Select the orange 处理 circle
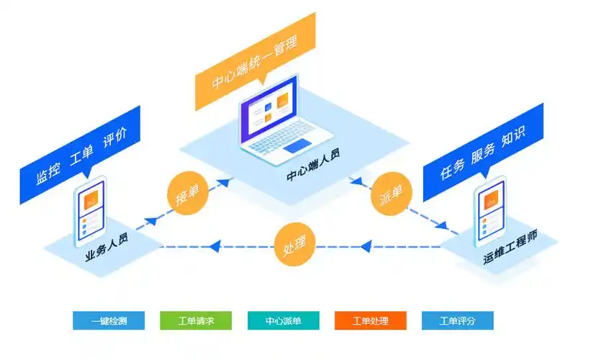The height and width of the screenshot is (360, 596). pyautogui.click(x=295, y=246)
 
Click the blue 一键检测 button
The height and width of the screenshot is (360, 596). pyautogui.click(x=109, y=321)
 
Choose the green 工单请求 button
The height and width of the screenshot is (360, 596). pyautogui.click(x=196, y=321)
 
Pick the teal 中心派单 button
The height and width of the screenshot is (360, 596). pyautogui.click(x=283, y=321)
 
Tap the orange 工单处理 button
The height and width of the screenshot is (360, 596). pyautogui.click(x=371, y=321)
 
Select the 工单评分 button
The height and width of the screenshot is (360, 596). pyautogui.click(x=458, y=321)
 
